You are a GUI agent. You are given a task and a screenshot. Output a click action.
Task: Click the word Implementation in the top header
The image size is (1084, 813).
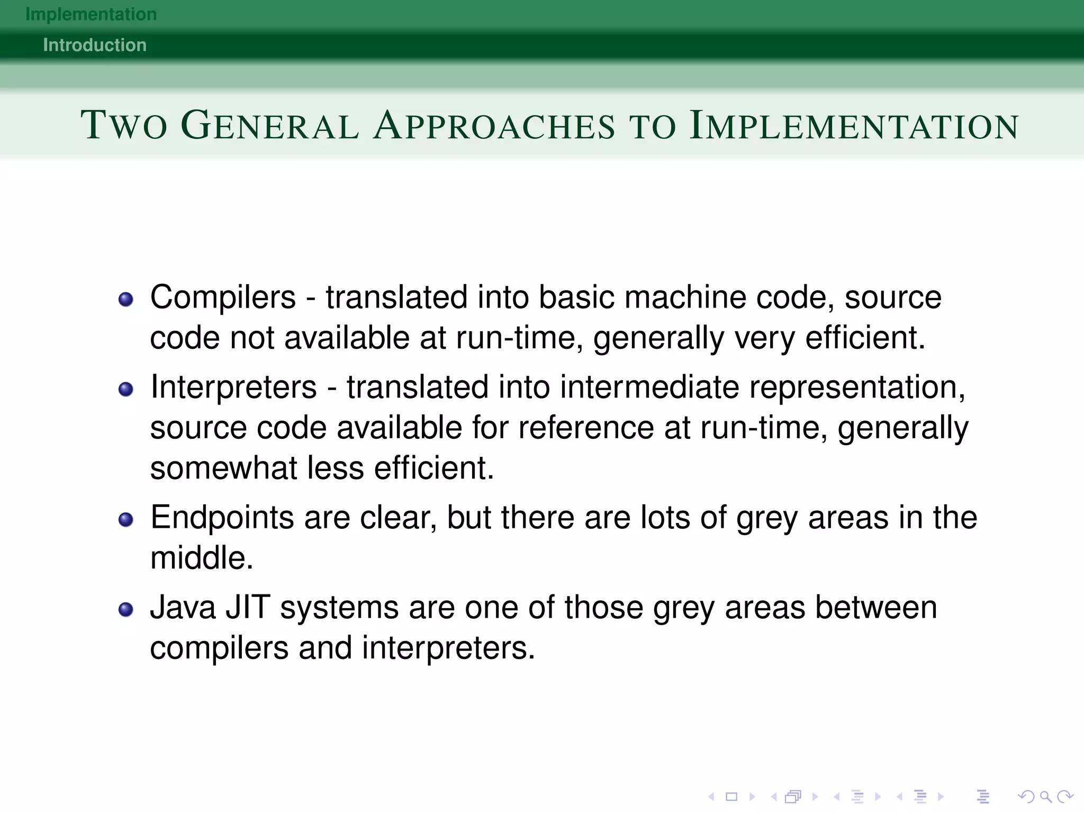pyautogui.click(x=91, y=14)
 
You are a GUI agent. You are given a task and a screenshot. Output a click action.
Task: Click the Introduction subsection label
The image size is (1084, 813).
pyautogui.click(x=95, y=45)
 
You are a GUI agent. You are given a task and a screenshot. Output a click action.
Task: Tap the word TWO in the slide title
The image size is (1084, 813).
pyautogui.click(x=124, y=125)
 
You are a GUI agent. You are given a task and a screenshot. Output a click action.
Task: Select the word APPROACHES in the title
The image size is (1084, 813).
pyautogui.click(x=494, y=125)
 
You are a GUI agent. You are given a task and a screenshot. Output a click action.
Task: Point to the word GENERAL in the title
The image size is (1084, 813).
pyautogui.click(x=270, y=125)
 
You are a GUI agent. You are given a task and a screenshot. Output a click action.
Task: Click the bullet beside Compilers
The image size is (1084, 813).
pyautogui.click(x=126, y=300)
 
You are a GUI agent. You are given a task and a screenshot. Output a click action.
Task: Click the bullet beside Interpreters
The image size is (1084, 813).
pyautogui.click(x=126, y=390)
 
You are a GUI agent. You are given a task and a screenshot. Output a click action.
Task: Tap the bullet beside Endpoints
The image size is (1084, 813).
pyautogui.click(x=126, y=520)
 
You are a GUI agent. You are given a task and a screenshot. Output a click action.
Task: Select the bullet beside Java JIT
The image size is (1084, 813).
pyautogui.click(x=126, y=610)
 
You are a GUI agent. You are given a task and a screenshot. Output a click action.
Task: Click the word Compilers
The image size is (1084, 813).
pyautogui.click(x=223, y=297)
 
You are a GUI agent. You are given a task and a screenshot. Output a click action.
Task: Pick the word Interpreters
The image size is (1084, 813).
pyautogui.click(x=233, y=387)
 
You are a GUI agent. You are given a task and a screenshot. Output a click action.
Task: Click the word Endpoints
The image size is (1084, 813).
pyautogui.click(x=222, y=518)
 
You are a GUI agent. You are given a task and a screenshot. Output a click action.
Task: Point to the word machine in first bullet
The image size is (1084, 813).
pyautogui.click(x=685, y=297)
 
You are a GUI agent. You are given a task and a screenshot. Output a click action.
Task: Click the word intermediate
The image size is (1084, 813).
pyautogui.click(x=649, y=387)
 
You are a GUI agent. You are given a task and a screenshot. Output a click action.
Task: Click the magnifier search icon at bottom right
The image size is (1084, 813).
pyautogui.click(x=1045, y=797)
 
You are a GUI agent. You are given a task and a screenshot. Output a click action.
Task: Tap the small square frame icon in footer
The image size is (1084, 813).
pyautogui.click(x=731, y=797)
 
